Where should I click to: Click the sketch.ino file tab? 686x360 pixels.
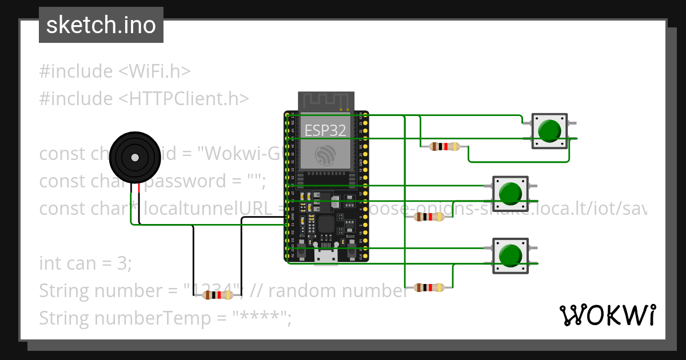point(101,25)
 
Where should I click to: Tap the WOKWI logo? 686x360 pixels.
point(607,315)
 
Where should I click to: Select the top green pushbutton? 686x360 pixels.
point(550,131)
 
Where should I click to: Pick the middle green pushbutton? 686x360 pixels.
point(510,193)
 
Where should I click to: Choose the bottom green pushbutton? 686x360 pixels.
point(510,255)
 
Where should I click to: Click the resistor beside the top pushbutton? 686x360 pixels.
point(445,147)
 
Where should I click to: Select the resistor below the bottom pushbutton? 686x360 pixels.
point(429,287)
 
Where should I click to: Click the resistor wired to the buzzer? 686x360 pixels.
point(218,295)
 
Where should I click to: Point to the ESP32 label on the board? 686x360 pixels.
point(325,130)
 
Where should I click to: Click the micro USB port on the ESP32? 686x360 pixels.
point(326,258)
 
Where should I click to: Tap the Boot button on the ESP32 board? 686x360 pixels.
point(350,246)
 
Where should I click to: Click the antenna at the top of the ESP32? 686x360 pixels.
point(325,101)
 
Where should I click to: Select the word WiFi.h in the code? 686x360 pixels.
point(154,71)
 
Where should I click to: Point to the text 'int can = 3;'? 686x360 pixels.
point(86,263)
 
